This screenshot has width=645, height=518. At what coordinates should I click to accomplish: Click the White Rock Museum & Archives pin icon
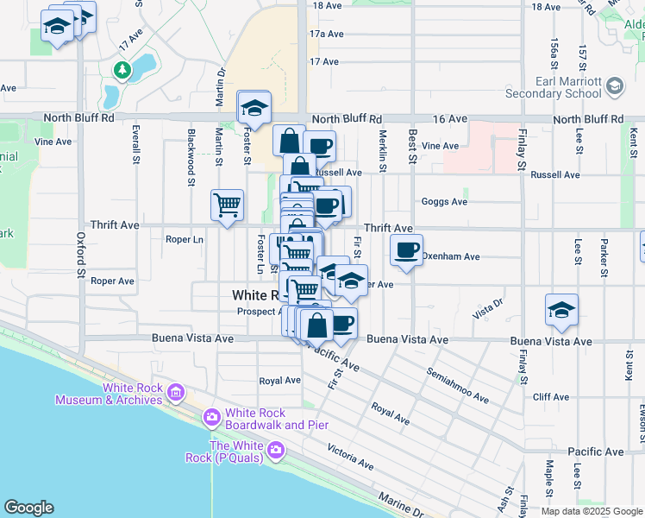tap(176, 394)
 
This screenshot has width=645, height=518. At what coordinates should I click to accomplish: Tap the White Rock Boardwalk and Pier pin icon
tap(211, 418)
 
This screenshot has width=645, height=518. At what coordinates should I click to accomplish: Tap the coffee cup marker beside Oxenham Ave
tap(406, 251)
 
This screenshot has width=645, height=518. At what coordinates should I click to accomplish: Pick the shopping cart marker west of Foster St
tap(227, 205)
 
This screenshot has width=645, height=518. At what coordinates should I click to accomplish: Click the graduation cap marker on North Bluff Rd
tap(254, 108)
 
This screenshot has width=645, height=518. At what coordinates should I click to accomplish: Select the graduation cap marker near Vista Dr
tap(561, 311)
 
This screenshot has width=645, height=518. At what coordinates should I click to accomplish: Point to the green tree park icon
tap(123, 70)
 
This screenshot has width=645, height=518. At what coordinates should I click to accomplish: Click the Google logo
tap(28, 508)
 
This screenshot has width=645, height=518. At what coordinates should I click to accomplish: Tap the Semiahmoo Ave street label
tap(456, 385)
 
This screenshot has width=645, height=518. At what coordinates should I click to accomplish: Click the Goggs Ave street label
tap(444, 202)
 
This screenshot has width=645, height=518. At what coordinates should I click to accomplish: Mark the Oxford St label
tap(80, 254)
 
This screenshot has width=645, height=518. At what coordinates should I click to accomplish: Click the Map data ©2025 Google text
tap(591, 511)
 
